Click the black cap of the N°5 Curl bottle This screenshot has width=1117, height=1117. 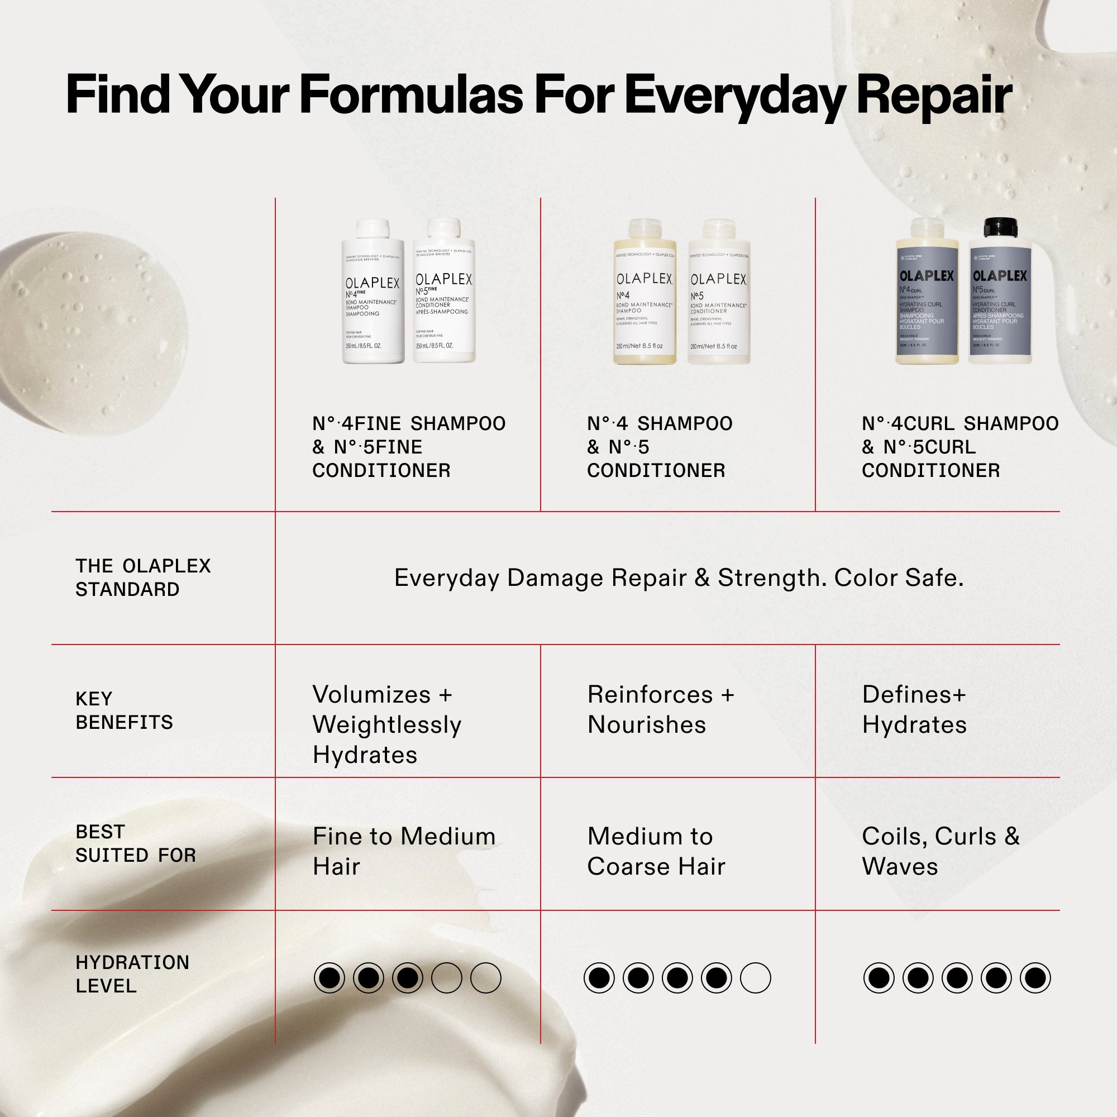[1000, 227]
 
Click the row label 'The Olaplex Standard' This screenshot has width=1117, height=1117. [143, 577]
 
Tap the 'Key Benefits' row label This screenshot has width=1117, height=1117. [124, 710]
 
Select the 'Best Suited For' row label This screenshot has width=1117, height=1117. [135, 843]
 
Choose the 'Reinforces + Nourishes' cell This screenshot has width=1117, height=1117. [660, 709]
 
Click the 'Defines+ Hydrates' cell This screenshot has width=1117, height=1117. [914, 709]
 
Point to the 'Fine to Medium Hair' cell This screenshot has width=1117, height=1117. [404, 851]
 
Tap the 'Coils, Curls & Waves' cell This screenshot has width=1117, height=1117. [940, 851]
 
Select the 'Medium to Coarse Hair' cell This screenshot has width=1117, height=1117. [656, 851]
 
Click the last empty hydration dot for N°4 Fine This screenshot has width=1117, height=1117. [486, 978]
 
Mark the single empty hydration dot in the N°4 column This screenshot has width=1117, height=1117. [755, 978]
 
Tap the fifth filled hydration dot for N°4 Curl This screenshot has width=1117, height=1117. [1035, 978]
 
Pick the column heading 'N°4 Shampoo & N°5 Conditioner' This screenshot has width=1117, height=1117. [659, 447]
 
